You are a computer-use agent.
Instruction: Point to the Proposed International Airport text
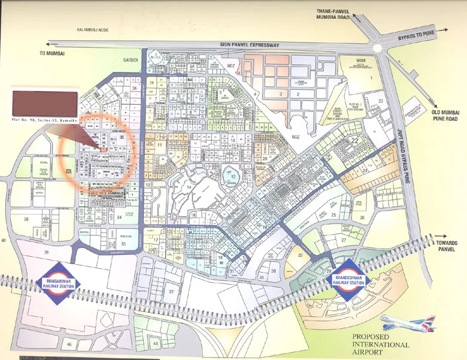(380, 344)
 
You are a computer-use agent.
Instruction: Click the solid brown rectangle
(45, 103)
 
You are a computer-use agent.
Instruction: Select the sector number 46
(69, 344)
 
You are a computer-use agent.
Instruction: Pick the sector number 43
(156, 343)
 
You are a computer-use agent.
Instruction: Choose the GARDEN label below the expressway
(131, 60)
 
